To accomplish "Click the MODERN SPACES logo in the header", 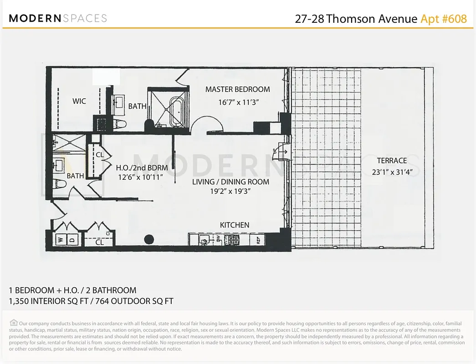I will pyautogui.click(x=58, y=19).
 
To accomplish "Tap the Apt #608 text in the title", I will pyautogui.click(x=443, y=19).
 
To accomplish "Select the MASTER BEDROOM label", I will pyautogui.click(x=237, y=90).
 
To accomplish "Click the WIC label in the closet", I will pyautogui.click(x=79, y=101).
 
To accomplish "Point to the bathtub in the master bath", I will pyautogui.click(x=177, y=112).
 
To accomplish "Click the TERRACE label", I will pyautogui.click(x=392, y=161).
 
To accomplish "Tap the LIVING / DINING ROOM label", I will pyautogui.click(x=230, y=182).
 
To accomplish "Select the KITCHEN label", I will pyautogui.click(x=235, y=225).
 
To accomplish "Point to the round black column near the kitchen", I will pyautogui.click(x=148, y=239).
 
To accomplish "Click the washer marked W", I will pyautogui.click(x=60, y=239).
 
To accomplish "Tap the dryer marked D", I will pyautogui.click(x=72, y=239).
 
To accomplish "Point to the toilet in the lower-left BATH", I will pyautogui.click(x=60, y=183).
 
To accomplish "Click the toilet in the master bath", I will pyautogui.click(x=120, y=124).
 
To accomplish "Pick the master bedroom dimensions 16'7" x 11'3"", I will pyautogui.click(x=238, y=102).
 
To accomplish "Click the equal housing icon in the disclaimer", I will pyautogui.click(x=14, y=323).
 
